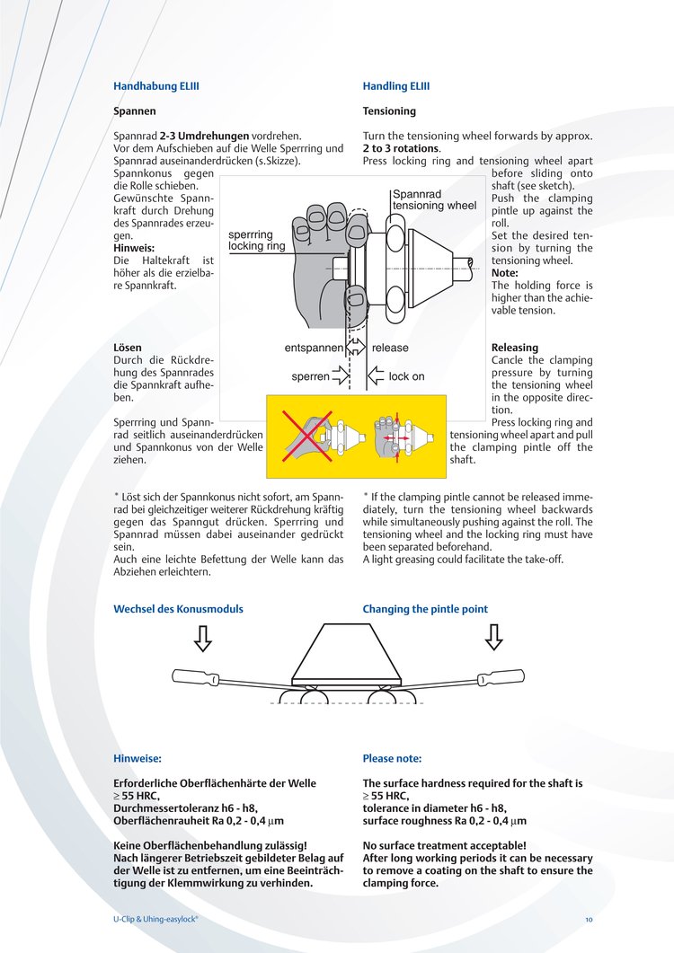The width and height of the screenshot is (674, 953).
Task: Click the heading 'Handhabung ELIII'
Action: [155, 86]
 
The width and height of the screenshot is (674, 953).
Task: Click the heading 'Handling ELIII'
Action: [396, 86]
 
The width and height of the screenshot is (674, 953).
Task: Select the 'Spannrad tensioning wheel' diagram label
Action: [434, 199]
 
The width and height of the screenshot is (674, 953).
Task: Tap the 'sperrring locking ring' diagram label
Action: [256, 240]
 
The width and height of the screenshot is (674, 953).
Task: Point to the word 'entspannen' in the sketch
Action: [314, 348]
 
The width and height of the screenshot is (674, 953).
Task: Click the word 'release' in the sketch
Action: [390, 348]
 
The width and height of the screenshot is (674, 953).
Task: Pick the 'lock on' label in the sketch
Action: [406, 376]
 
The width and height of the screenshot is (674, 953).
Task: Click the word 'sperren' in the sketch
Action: [310, 377]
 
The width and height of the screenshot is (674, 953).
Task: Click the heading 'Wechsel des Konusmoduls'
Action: [178, 609]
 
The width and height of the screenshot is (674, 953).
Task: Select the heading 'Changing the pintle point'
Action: [425, 609]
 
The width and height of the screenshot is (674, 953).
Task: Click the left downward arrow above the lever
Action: [203, 637]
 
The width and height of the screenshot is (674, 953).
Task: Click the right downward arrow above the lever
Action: [493, 637]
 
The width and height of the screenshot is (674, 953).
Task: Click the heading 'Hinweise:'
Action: [137, 758]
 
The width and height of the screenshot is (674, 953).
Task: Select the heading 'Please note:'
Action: [392, 758]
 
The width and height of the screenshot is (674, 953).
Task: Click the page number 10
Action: [589, 920]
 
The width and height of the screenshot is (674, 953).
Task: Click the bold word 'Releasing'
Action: [515, 348]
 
